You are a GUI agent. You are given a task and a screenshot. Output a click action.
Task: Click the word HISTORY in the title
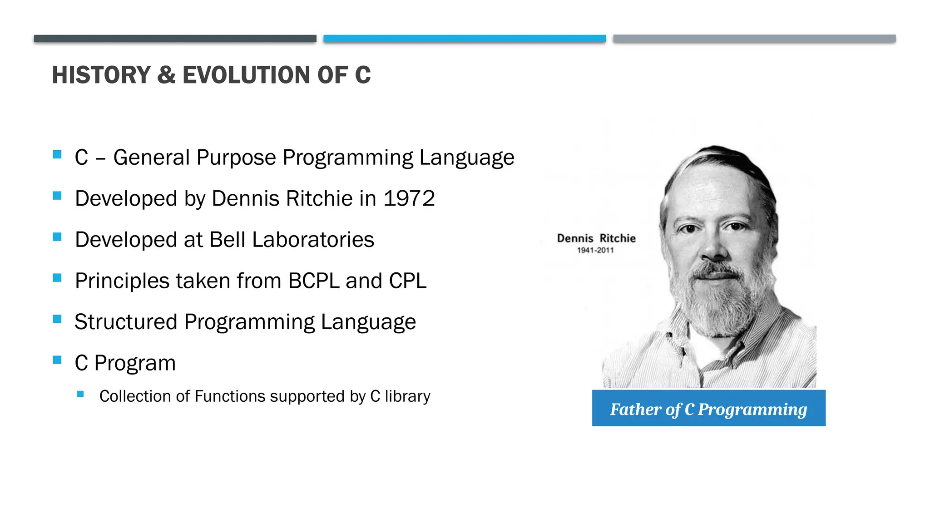point(101,75)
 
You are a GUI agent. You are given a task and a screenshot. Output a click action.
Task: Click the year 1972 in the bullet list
point(409,198)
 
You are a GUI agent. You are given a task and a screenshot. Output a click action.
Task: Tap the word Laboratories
point(313,240)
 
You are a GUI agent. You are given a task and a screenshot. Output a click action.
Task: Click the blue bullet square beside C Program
point(57,360)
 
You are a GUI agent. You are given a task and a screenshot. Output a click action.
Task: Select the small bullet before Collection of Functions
point(80,394)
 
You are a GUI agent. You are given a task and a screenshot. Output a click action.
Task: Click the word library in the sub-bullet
point(407,396)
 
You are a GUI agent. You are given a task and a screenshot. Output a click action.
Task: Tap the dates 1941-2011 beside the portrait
point(595,250)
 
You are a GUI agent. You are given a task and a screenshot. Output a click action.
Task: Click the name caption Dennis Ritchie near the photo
point(596,238)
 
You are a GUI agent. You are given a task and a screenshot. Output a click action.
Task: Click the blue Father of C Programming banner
point(708,408)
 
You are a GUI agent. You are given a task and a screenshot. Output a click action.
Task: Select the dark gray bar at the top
point(175,39)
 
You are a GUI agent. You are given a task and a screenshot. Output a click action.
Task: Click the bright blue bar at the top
point(465,39)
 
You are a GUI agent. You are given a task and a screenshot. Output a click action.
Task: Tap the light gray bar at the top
point(754,39)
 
